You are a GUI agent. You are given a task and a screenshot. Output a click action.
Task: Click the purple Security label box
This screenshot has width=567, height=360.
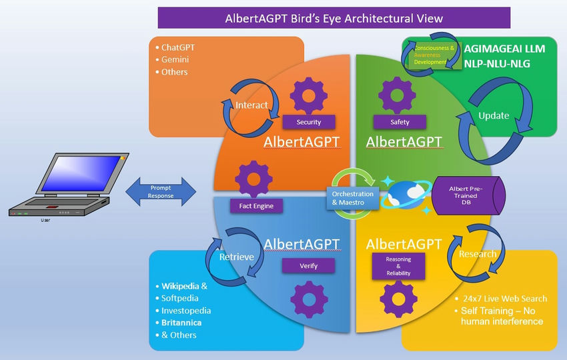pyautogui.click(x=308, y=122)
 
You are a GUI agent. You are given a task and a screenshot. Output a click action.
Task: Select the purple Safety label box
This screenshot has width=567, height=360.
pyautogui.click(x=400, y=122)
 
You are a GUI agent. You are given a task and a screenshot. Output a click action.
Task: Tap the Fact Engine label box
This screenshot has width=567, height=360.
pyautogui.click(x=256, y=206)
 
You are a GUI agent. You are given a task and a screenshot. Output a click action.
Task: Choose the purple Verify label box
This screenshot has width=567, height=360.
pyautogui.click(x=308, y=266)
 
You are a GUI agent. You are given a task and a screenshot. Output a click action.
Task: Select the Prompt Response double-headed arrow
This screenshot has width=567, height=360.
pyautogui.click(x=161, y=192)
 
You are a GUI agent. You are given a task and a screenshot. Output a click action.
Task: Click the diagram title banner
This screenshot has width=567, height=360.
pyautogui.click(x=334, y=18)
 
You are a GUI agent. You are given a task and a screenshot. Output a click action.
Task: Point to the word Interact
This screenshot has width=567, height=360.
pyautogui.click(x=252, y=105)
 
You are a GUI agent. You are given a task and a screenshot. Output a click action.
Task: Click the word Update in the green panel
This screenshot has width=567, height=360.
pyautogui.click(x=494, y=115)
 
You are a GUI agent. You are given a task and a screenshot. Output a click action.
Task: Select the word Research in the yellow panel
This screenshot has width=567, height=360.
pyautogui.click(x=478, y=254)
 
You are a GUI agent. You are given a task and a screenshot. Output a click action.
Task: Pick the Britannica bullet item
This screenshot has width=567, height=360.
pyautogui.click(x=181, y=323)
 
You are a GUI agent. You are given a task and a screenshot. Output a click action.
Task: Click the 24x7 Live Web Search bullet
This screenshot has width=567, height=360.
pyautogui.click(x=500, y=298)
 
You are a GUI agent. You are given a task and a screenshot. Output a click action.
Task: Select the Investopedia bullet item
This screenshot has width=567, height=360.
pyautogui.click(x=186, y=311)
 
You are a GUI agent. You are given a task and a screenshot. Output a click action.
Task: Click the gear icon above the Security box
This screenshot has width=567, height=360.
pyautogui.click(x=308, y=95)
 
